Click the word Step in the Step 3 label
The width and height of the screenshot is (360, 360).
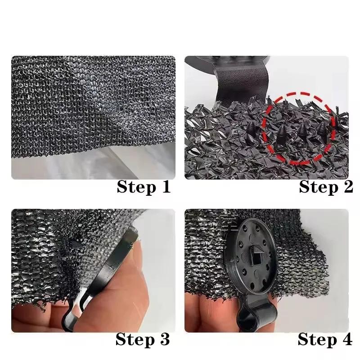135,339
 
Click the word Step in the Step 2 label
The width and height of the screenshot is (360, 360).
317,187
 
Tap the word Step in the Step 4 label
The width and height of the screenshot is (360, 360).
316,339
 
